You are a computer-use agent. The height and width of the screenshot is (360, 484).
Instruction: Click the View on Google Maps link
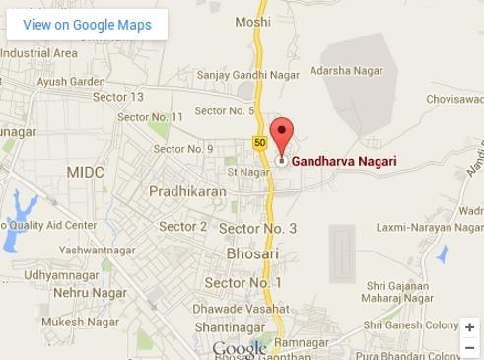click(x=87, y=25)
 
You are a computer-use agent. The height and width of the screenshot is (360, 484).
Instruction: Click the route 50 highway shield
click(x=259, y=142)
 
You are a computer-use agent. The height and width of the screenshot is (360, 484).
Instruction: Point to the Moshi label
click(x=253, y=21)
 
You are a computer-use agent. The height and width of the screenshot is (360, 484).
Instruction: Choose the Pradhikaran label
click(x=187, y=192)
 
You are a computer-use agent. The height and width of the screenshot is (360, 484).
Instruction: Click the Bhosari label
click(x=252, y=253)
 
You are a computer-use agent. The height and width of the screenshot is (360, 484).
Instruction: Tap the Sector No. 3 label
click(x=257, y=228)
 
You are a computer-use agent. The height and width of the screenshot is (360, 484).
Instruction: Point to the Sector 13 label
click(x=118, y=97)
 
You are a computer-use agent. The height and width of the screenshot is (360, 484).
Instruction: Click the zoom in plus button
click(x=470, y=327)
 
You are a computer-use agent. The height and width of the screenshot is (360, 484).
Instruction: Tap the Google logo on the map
click(x=240, y=349)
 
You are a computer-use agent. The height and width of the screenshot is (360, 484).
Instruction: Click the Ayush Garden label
click(x=71, y=81)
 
